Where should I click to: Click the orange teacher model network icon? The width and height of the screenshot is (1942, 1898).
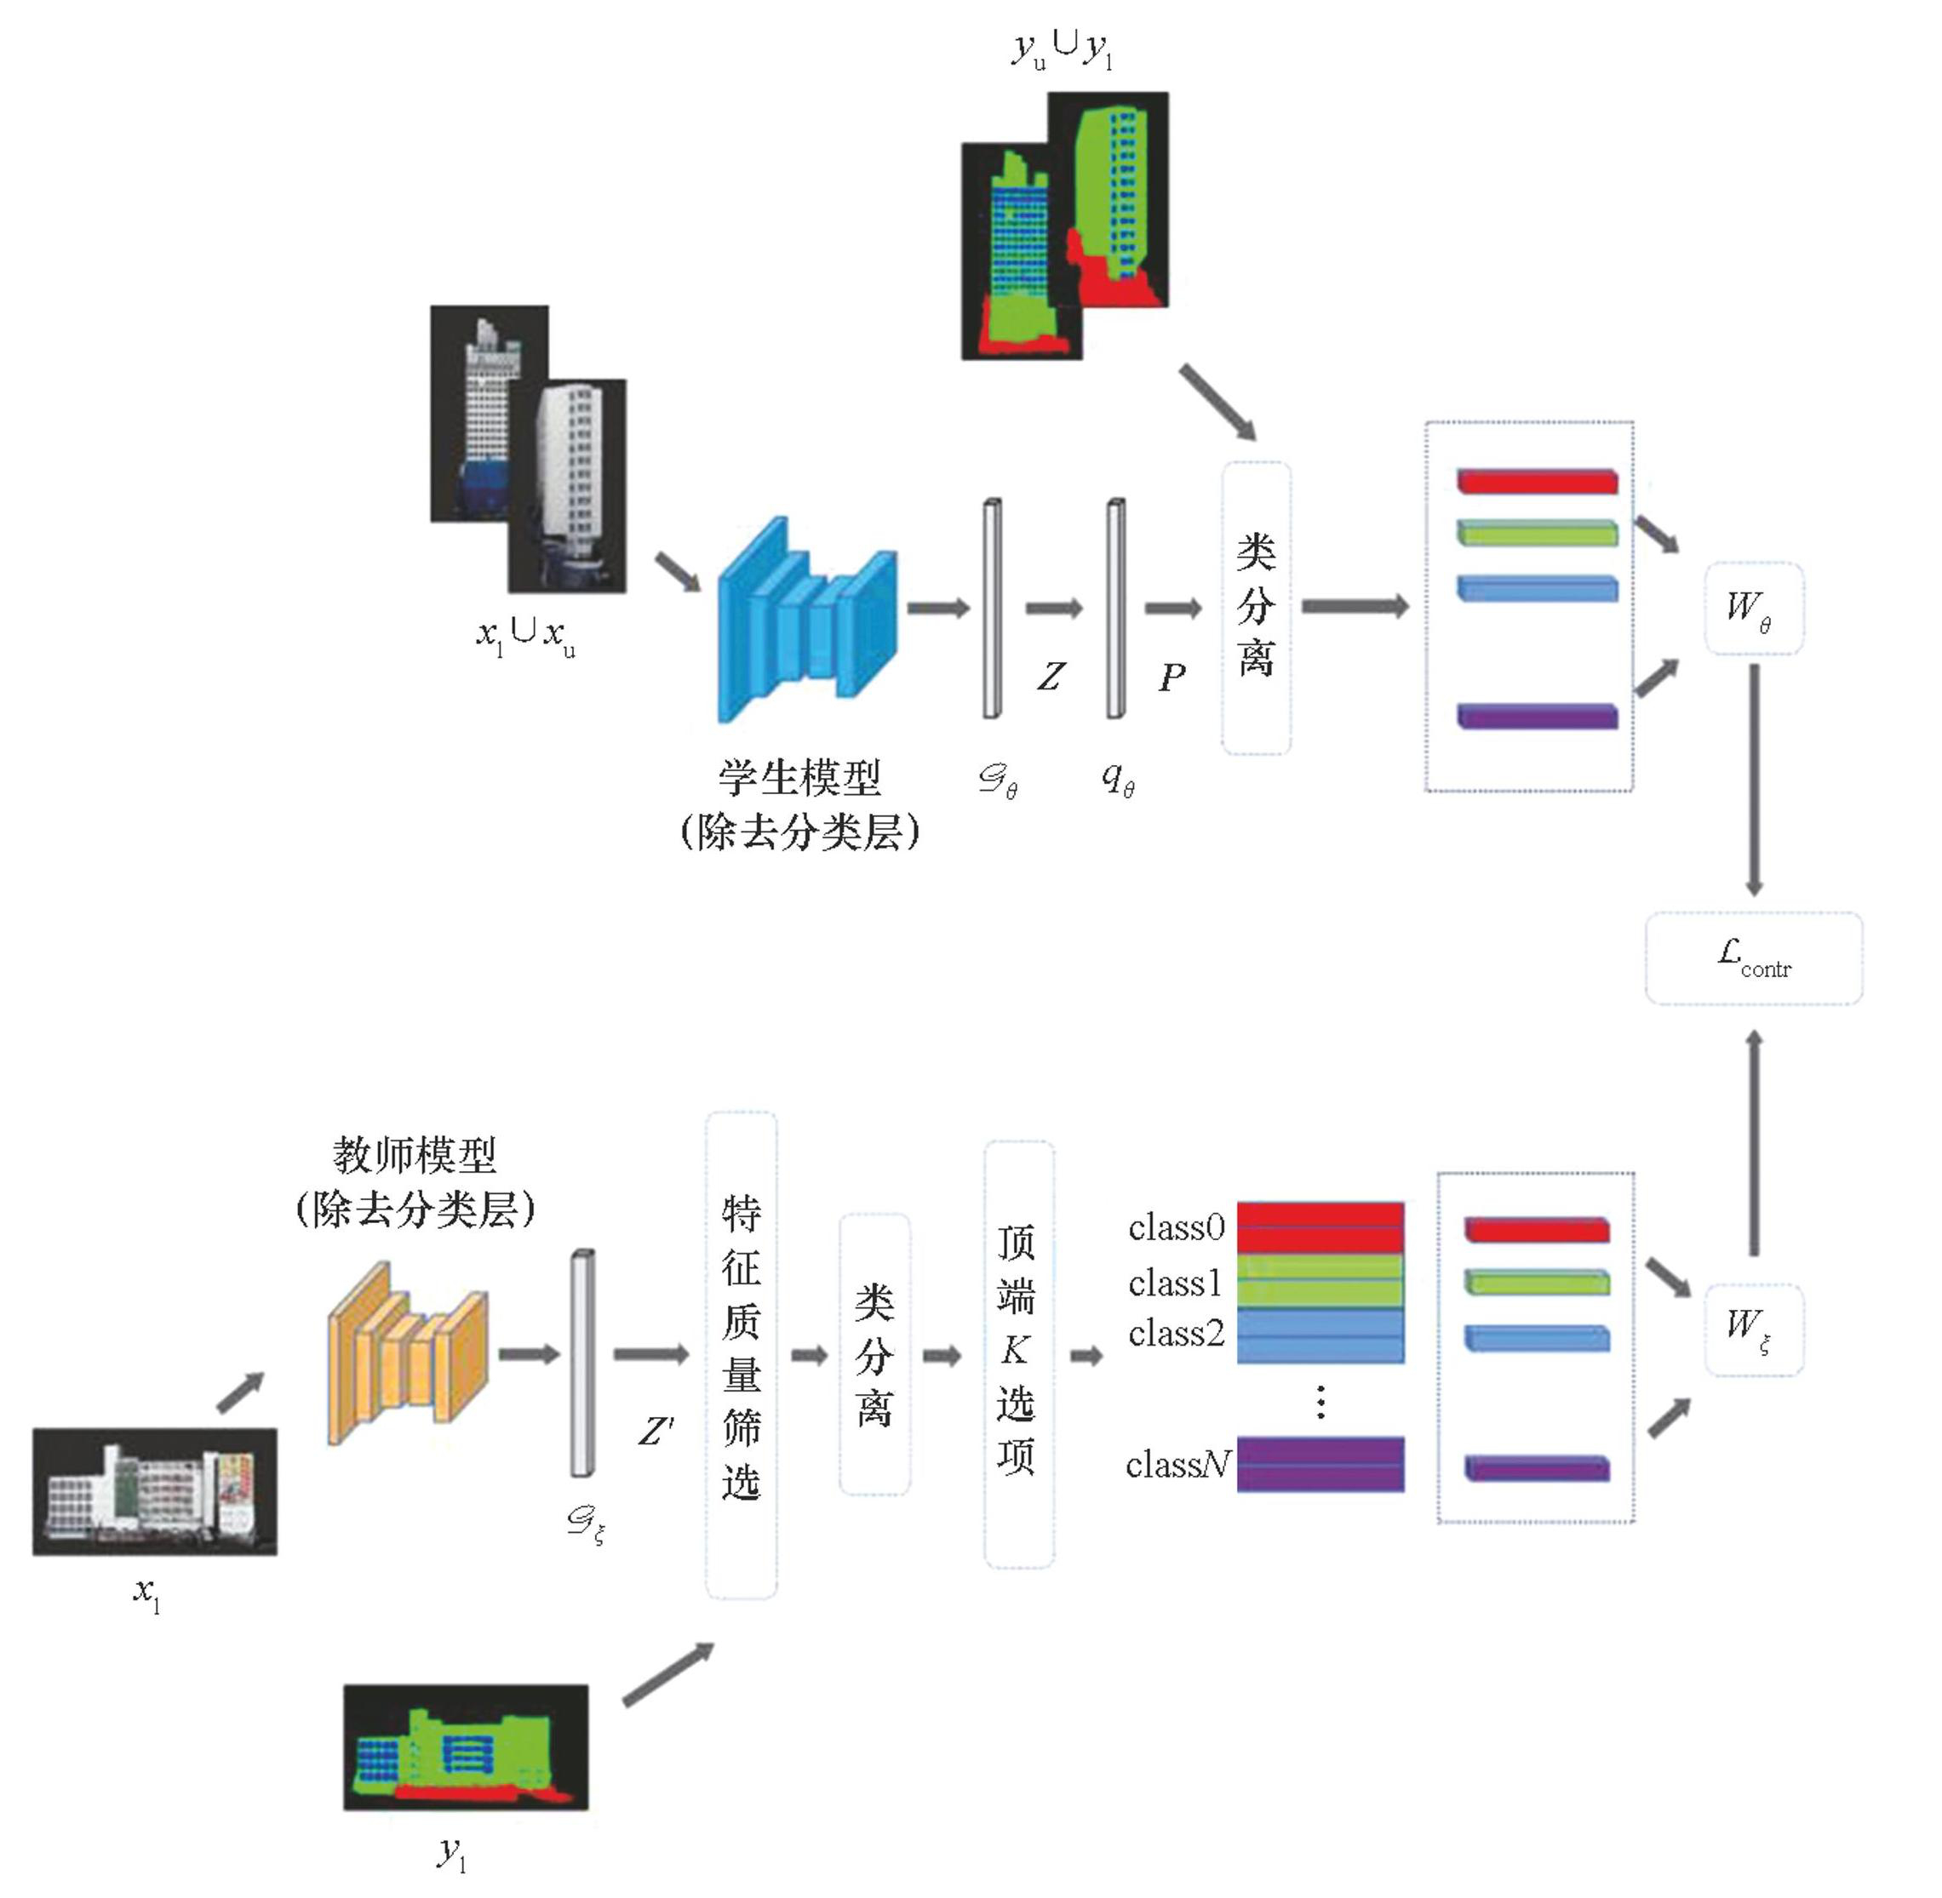pos(409,1352)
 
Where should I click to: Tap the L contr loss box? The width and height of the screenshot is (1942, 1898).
pos(1754,958)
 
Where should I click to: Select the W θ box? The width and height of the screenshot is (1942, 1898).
pos(1754,608)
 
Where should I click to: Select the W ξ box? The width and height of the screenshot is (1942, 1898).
pos(1754,1329)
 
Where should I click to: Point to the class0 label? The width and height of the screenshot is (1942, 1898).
pos(1177,1227)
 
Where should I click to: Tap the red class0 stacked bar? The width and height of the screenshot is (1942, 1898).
pos(1320,1227)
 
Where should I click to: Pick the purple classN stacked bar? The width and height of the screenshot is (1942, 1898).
pos(1320,1463)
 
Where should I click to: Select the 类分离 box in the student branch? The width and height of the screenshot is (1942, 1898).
pos(1256,607)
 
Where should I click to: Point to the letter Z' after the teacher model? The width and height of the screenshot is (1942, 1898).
pos(655,1432)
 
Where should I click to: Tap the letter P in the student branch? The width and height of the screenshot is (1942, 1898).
pos(1172,677)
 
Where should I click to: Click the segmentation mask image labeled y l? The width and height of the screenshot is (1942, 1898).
pos(466,1747)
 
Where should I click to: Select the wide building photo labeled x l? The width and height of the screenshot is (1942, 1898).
pos(154,1491)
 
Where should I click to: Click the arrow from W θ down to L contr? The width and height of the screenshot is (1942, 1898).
pos(1754,778)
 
